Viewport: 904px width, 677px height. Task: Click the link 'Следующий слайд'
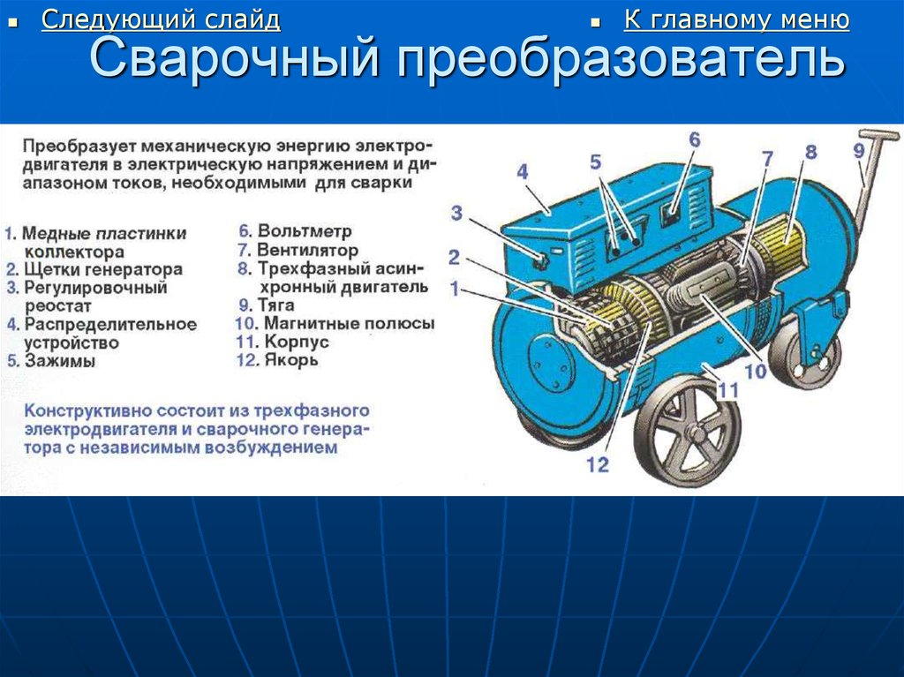pos(161,20)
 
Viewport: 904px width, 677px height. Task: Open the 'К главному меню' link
pos(736,20)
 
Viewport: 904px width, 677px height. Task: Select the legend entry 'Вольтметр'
pos(305,231)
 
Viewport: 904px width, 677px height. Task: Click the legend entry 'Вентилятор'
pos(307,251)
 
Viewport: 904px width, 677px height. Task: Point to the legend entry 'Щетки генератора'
pos(103,269)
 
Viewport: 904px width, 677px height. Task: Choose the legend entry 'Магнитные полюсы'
pos(349,323)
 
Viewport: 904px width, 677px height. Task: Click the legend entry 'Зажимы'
pos(59,362)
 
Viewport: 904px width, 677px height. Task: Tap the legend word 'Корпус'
pos(297,342)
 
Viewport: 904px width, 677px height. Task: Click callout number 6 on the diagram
pos(694,139)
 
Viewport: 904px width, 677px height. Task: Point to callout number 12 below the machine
pos(598,464)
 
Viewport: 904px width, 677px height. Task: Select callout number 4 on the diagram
pos(523,172)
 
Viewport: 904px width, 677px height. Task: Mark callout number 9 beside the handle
pos(859,151)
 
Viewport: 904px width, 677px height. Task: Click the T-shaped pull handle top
pos(879,136)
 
